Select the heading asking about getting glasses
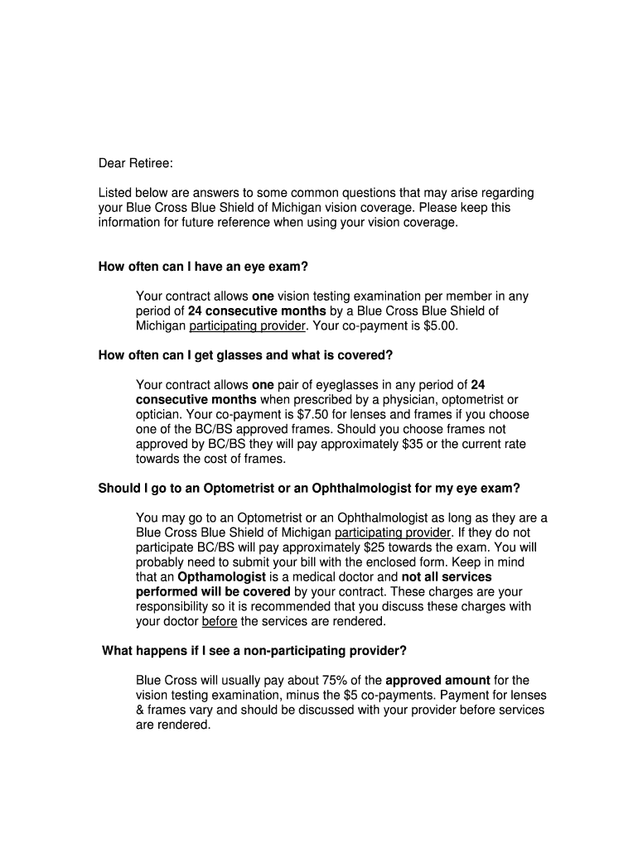click(245, 355)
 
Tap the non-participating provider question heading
click(254, 650)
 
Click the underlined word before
click(220, 621)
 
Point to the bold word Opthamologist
click(221, 576)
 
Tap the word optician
click(161, 414)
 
